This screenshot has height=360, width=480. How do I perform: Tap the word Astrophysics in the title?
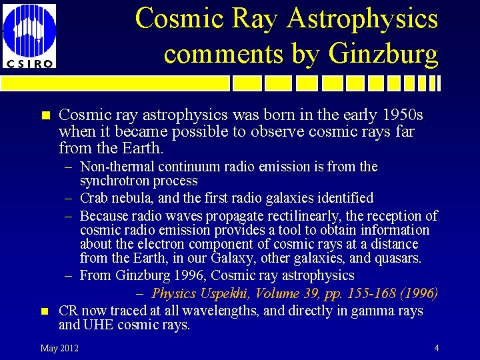point(363,18)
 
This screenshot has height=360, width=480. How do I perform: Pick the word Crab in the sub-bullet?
point(93,198)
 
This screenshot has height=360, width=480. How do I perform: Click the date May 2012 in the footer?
point(59,348)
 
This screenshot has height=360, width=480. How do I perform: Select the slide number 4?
point(436,348)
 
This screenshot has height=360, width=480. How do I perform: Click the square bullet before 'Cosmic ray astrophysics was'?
point(45,115)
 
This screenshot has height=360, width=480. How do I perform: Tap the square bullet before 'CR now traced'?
point(45,311)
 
